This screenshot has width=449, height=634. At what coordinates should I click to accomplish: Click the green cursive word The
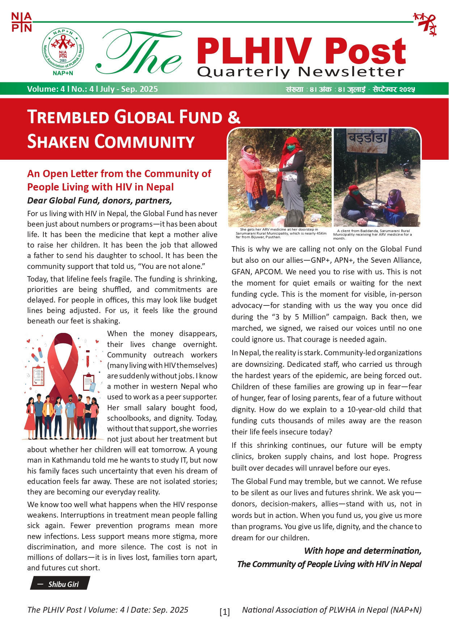pyautogui.click(x=139, y=53)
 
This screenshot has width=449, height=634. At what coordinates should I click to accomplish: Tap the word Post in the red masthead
pyautogui.click(x=365, y=52)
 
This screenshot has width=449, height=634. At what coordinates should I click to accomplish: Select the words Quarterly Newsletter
pyautogui.click(x=300, y=72)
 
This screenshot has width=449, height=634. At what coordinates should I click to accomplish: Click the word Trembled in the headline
pyautogui.click(x=68, y=118)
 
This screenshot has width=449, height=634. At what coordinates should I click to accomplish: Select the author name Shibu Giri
pyautogui.click(x=63, y=584)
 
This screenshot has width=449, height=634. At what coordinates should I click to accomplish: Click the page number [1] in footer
pyautogui.click(x=224, y=612)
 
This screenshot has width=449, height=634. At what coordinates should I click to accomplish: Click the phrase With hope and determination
pyautogui.click(x=363, y=551)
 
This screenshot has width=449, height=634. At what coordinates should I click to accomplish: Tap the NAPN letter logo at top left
pyautogui.click(x=21, y=22)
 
